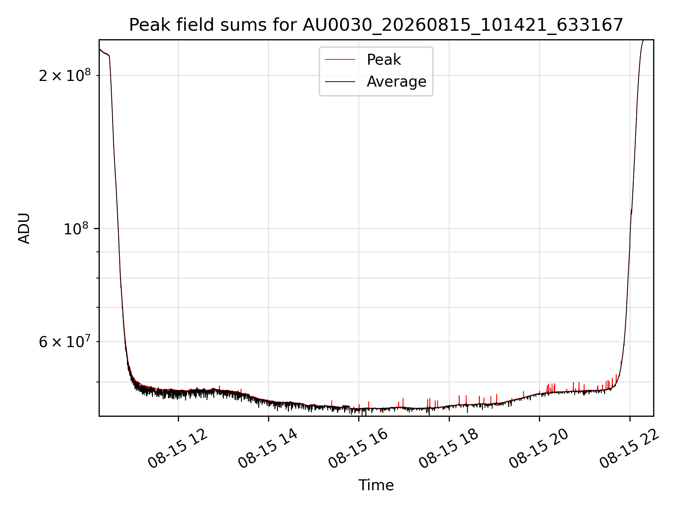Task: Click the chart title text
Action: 376,25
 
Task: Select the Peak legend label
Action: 384,59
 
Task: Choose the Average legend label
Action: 396,82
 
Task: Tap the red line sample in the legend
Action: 340,59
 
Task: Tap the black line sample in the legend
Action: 340,82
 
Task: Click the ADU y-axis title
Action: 24,228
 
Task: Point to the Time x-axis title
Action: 376,485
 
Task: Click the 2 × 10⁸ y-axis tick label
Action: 65,75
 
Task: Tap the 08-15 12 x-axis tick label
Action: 178,449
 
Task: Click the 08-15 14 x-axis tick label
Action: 268,449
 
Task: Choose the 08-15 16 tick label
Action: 358,449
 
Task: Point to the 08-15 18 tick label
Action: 448,449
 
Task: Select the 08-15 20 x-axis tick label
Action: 539,449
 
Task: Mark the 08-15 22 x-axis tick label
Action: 629,449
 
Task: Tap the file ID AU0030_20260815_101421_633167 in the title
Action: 463,25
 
